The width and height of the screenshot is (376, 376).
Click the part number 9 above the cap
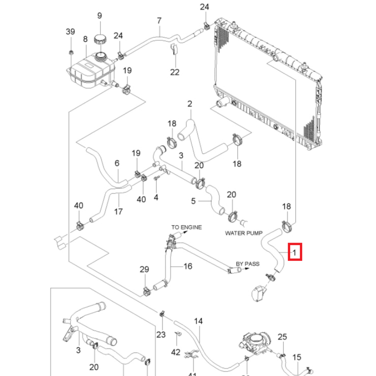[100, 16]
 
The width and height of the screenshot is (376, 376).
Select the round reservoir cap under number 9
[100, 39]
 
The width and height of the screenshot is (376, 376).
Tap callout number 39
[70, 32]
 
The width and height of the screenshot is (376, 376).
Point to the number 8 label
[85, 39]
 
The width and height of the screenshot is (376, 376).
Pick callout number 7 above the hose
[159, 20]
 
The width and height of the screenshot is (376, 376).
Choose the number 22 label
[175, 72]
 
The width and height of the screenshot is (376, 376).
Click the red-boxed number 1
[295, 252]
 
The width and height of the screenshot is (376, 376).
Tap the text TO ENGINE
[186, 227]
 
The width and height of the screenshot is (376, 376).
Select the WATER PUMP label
[244, 233]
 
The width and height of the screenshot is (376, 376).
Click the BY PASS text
[247, 264]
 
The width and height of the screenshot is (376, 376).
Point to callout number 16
[188, 266]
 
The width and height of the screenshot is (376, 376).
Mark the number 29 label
[144, 270]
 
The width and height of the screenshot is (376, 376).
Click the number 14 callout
[198, 321]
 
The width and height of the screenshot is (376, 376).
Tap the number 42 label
[176, 352]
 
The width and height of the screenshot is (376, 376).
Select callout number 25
[282, 337]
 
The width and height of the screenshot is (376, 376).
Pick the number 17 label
[118, 212]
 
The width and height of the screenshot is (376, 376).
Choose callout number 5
[193, 201]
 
